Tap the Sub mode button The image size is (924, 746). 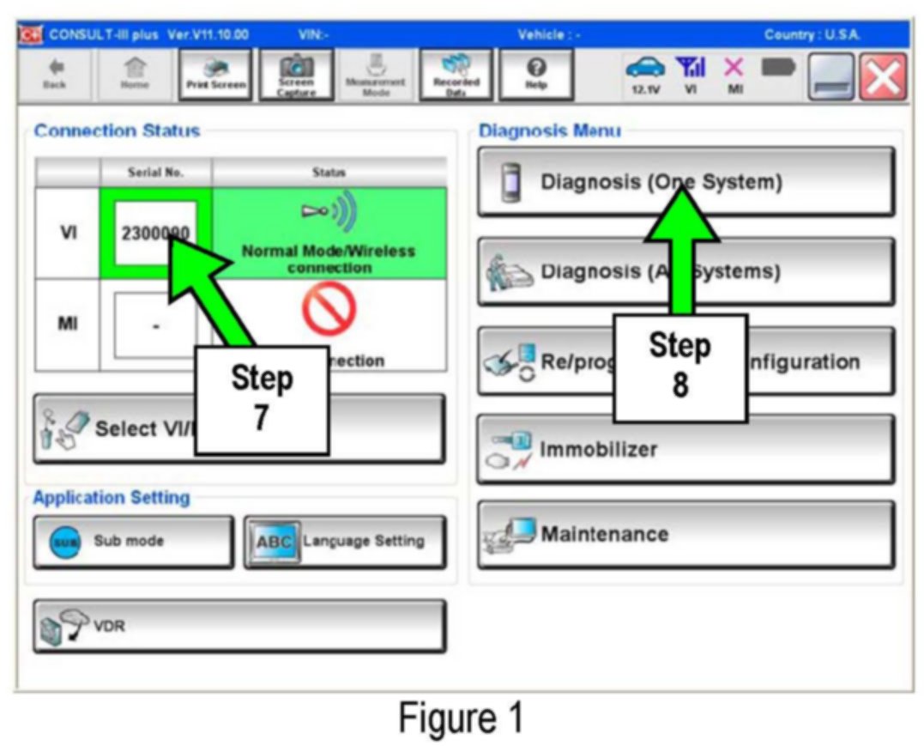pyautogui.click(x=133, y=542)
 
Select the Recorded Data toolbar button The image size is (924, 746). pyautogui.click(x=455, y=75)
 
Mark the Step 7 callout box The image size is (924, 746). pyautogui.click(x=262, y=399)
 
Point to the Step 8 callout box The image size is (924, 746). pyautogui.click(x=679, y=367)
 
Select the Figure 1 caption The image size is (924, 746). pyautogui.click(x=460, y=718)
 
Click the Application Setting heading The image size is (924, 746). pyautogui.click(x=111, y=498)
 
